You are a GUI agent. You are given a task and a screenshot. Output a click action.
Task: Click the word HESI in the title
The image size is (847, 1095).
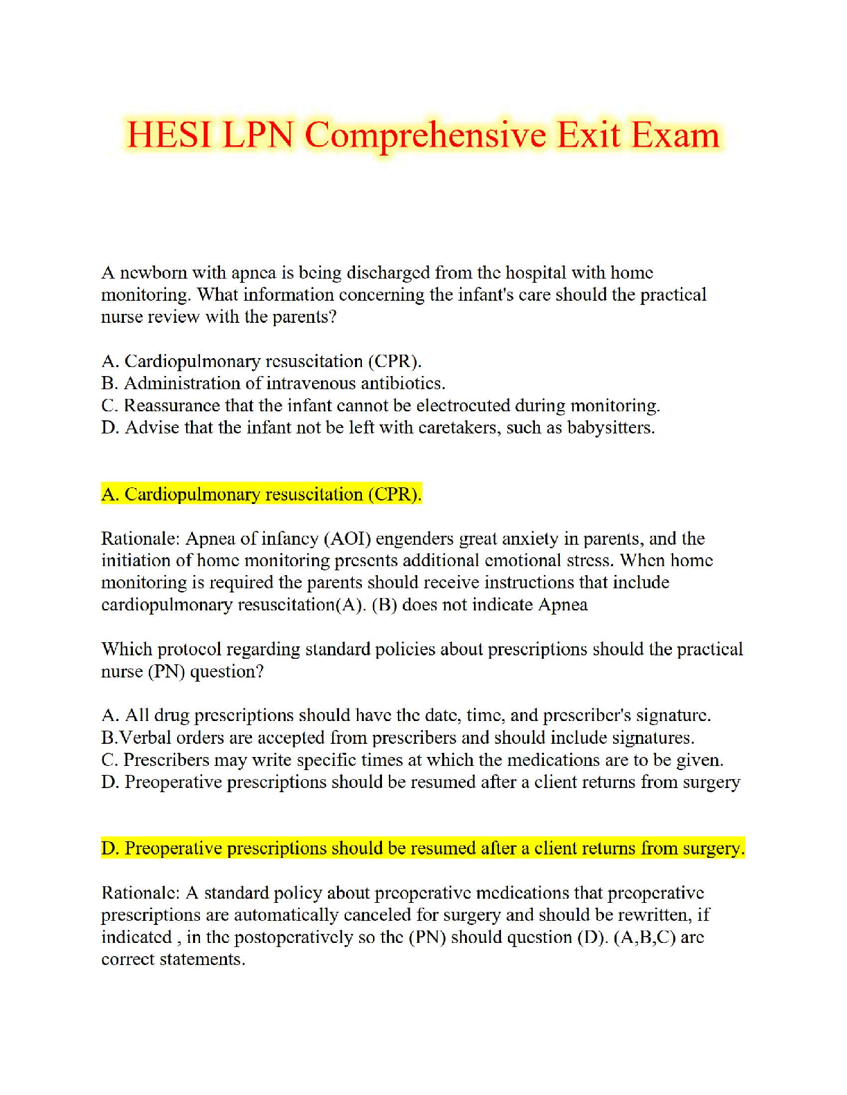[170, 135]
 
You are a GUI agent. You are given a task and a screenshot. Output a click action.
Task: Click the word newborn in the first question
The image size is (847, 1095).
[152, 273]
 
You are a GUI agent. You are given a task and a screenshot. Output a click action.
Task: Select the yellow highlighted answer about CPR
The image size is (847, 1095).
[261, 494]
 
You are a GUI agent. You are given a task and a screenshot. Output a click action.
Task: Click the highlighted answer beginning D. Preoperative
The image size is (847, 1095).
[423, 848]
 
